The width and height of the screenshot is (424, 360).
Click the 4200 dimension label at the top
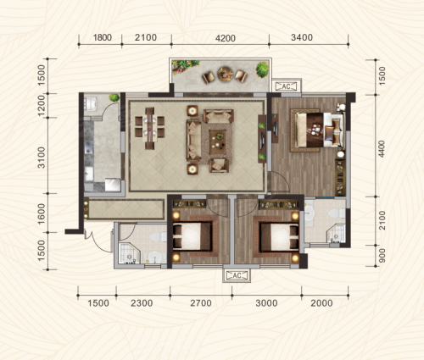pos(226,38)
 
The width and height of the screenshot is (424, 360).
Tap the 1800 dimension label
pos(103,37)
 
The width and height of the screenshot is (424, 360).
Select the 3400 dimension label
pos(302,37)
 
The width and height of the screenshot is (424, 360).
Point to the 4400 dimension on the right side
pos(382,149)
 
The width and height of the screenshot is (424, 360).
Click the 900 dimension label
pos(382,256)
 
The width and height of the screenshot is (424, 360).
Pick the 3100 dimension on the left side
pos(42,158)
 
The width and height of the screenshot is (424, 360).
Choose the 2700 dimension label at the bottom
pos(201,303)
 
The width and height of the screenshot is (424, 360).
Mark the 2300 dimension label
pos(142,303)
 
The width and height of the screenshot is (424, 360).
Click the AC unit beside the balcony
pos(287,86)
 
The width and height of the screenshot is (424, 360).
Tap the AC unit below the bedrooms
pos(237,275)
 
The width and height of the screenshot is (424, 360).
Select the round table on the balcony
pos(225,74)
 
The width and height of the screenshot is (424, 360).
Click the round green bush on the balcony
pos(262,69)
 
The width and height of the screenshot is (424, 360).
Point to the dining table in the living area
pos(150,128)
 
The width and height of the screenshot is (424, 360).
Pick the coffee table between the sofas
pos(217,142)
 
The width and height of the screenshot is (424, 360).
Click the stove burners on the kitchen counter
pos(89,147)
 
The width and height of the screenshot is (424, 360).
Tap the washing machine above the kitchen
pos(91,104)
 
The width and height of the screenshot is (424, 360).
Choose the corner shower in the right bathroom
pos(337,233)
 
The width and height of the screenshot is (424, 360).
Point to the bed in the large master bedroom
pos(316,130)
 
